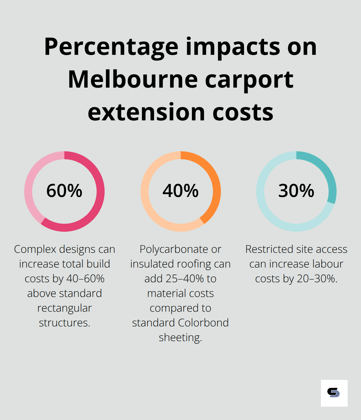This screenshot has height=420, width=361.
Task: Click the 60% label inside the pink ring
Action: tap(64, 191)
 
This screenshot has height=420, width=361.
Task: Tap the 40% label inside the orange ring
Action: tap(180, 191)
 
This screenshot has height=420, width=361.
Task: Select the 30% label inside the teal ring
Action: tap(296, 191)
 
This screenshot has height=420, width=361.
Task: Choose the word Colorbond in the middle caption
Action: tap(203, 323)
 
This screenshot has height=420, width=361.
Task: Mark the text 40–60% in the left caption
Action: tap(85, 279)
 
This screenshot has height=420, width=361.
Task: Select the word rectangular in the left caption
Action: tap(65, 308)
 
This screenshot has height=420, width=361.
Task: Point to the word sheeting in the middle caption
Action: tap(180, 337)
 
